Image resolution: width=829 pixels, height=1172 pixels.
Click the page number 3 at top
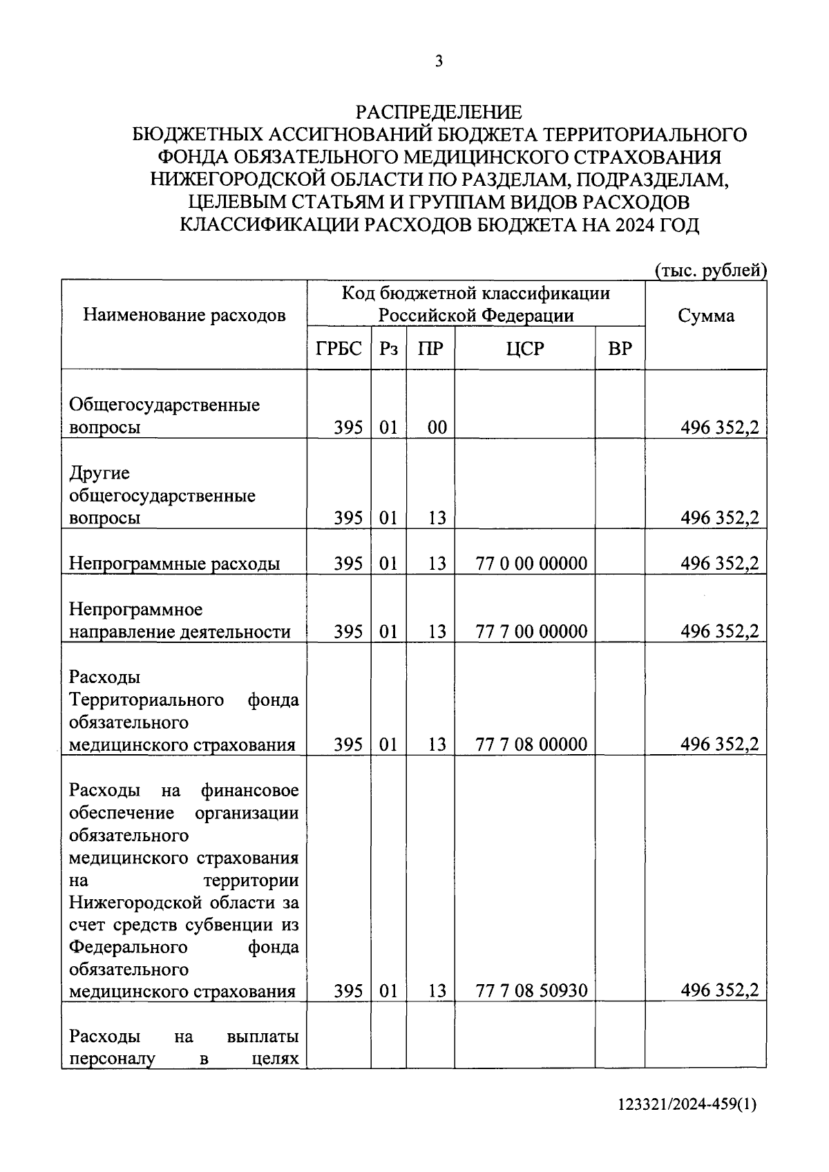pos(439,61)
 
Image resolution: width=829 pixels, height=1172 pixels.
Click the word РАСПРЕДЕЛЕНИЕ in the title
pos(439,112)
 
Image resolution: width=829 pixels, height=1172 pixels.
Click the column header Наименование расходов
pos(184,316)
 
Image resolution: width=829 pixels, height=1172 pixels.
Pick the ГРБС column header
pos(339,349)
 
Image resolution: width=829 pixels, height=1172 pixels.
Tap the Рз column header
pos(388,349)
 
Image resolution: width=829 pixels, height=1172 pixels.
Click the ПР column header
pos(430,349)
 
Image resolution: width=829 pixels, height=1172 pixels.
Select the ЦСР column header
pos(524,349)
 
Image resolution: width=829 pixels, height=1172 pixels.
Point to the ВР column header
pos(620,349)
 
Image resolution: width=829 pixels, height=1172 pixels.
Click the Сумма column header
pos(705,316)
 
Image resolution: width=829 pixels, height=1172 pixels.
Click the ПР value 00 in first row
pos(437,428)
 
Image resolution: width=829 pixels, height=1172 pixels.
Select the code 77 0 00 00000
pos(531,564)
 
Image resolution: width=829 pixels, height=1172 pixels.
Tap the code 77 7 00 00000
pos(531,631)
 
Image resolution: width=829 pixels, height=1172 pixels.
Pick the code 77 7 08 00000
pos(531,744)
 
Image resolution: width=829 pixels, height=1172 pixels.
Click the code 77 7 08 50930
pos(531,991)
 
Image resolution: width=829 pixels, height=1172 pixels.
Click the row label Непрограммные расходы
pos(174,564)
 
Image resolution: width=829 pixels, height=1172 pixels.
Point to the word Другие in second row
pos(99,474)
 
